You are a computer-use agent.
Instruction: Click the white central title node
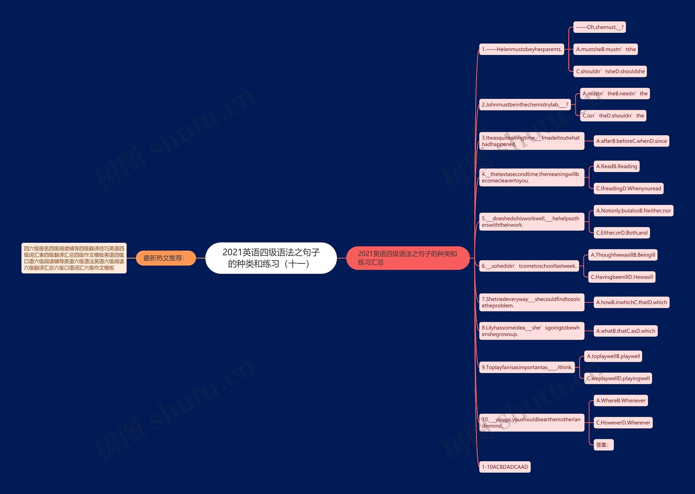point(271,258)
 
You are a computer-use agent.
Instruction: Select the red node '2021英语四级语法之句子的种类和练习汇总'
point(408,258)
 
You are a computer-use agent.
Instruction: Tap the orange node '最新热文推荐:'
point(165,258)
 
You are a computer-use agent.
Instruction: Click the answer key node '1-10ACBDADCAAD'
point(505,467)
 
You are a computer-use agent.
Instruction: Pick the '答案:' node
point(603,445)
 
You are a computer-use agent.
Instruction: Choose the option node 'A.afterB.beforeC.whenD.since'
point(631,141)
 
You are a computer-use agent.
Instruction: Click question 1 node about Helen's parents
point(521,49)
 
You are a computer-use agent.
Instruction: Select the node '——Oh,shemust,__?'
point(599,27)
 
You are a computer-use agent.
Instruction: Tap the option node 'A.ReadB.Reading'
point(616,166)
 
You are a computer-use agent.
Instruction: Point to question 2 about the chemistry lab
point(525,105)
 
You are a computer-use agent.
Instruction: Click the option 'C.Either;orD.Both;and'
point(622,233)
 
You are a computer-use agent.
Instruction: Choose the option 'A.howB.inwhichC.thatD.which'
point(631,302)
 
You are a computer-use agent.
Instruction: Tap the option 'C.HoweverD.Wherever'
point(623,422)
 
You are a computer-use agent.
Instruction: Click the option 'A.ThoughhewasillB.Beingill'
point(623,255)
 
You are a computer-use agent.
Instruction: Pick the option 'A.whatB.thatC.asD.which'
point(625,331)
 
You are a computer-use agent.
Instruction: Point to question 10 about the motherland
point(531,422)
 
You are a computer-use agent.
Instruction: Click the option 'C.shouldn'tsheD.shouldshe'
point(610,72)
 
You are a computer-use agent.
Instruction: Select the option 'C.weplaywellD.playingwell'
point(618,378)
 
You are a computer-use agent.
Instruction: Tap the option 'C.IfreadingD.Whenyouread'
point(628,189)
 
